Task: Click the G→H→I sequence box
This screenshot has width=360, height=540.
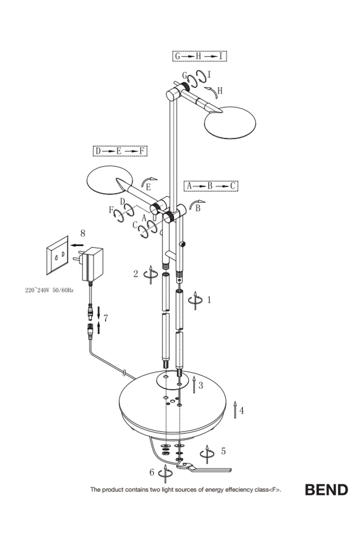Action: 199,56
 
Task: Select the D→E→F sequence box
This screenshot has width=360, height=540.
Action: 120,151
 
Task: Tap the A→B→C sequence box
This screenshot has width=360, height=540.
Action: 211,185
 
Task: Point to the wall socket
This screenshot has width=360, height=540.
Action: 57,255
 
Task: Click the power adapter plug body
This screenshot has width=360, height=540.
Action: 92,265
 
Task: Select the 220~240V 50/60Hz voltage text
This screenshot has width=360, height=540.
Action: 49,290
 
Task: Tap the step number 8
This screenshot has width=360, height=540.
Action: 82,233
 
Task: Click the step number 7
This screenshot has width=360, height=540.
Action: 105,319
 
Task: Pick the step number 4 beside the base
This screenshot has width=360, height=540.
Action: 242,410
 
